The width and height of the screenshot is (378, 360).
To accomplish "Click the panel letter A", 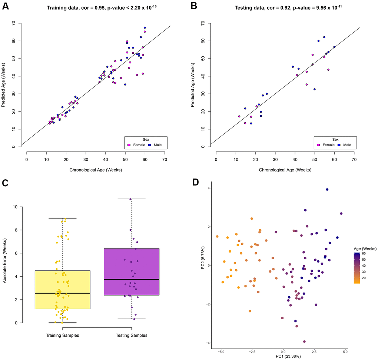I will [x=6, y=6].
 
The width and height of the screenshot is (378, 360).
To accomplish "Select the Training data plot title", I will [x=99, y=7].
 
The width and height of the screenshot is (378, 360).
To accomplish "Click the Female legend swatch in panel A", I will [x=129, y=145].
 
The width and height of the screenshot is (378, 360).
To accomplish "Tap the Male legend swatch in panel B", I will [x=339, y=145].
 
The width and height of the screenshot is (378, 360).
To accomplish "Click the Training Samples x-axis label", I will [x=63, y=336].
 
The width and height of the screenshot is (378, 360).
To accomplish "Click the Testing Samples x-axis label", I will [x=132, y=336].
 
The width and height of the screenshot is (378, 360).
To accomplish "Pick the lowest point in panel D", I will [x=304, y=341].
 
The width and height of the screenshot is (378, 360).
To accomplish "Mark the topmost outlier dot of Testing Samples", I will [x=130, y=199].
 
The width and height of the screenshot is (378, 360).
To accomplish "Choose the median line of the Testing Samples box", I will [x=132, y=279].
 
